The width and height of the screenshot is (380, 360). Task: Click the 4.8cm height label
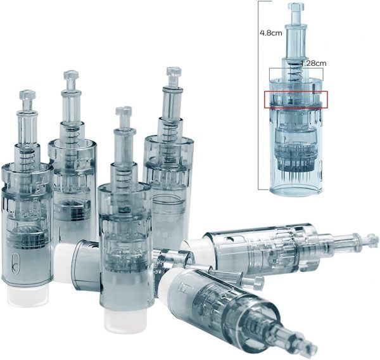tap(270, 33)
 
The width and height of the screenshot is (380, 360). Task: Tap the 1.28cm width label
tap(313, 63)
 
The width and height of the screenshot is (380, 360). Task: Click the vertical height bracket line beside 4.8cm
tap(259, 95)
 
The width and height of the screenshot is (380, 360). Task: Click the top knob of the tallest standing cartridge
tap(174, 72)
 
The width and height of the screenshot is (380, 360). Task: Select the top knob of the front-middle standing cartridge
tap(123, 112)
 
